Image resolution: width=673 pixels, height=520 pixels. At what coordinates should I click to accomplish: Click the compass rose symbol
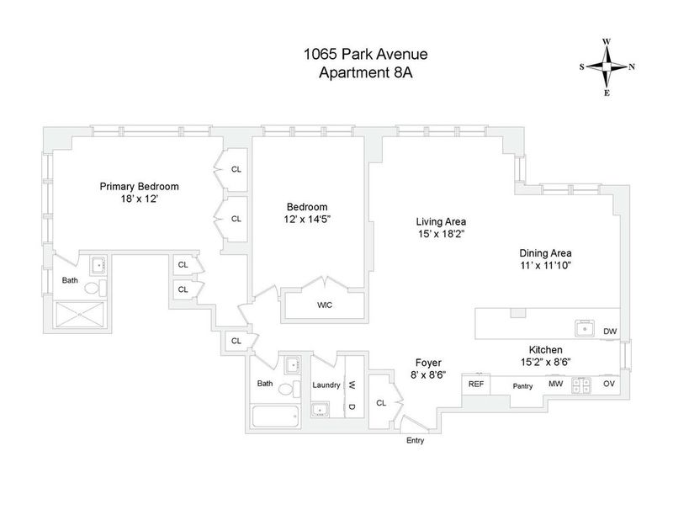607,67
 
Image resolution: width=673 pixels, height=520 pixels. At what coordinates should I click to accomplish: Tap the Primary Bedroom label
139,186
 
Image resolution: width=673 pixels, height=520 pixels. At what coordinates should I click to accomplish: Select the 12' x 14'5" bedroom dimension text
307,219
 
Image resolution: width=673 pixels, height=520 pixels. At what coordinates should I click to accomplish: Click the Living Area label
441,221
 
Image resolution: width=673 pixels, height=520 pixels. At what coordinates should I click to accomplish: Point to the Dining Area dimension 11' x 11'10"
545,265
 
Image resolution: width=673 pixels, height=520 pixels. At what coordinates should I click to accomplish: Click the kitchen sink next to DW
585,328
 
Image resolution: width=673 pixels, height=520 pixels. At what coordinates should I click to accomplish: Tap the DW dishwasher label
609,331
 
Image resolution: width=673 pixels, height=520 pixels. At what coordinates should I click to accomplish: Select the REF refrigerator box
476,385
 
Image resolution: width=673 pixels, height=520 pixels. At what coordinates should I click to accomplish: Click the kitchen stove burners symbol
581,385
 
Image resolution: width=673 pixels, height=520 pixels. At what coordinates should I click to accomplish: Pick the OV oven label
608,384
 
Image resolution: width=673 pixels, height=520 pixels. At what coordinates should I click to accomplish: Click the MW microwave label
556,384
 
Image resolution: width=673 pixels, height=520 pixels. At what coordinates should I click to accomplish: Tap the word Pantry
522,386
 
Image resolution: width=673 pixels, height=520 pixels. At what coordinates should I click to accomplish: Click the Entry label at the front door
415,440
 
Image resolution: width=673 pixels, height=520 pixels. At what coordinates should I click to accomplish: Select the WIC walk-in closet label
325,305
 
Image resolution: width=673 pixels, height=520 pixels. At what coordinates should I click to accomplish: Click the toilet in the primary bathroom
95,288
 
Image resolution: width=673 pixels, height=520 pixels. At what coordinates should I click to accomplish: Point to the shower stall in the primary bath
80,315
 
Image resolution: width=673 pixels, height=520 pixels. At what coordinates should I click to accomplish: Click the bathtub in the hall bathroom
275,417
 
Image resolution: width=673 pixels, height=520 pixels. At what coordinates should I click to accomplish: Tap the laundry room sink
321,410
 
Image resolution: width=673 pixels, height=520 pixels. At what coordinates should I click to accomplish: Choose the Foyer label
428,363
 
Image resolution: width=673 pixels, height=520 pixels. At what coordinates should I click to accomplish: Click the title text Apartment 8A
366,72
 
